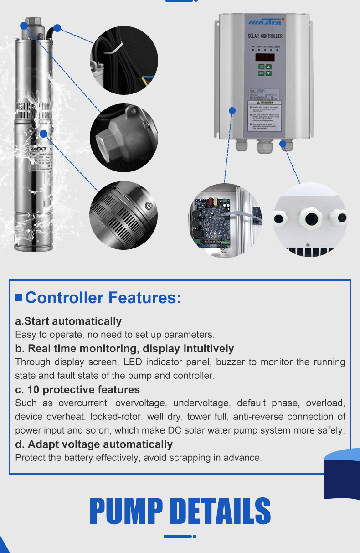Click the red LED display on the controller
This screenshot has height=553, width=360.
tap(264, 57)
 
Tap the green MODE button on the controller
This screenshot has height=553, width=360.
tap(262, 73)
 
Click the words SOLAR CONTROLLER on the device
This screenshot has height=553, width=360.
tap(265, 36)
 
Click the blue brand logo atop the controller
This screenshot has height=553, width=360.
tap(265, 21)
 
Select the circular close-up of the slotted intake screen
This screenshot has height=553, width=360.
tap(123, 215)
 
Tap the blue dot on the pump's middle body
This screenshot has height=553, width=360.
tap(44, 134)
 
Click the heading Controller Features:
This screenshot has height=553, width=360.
tap(103, 298)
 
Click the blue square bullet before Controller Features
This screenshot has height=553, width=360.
tap(19, 298)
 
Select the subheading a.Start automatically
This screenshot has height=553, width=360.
tap(68, 321)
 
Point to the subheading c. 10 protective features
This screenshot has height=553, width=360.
tap(77, 389)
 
